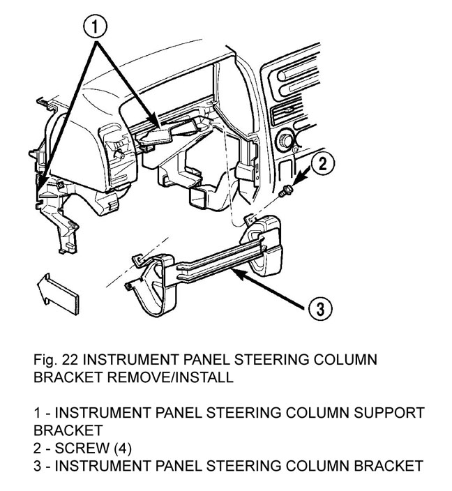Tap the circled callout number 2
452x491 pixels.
tap(322, 165)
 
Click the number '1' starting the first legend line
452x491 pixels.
tap(38, 413)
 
